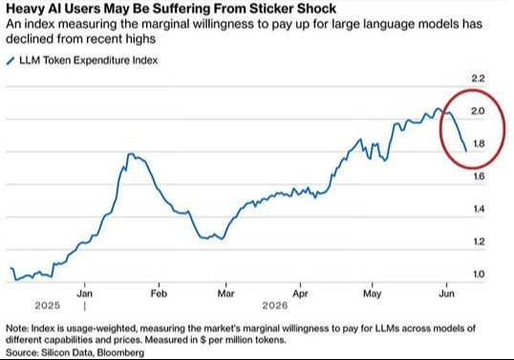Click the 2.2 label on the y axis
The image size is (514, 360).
click(x=478, y=78)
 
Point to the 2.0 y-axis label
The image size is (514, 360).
click(x=478, y=111)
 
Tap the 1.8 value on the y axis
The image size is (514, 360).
click(x=479, y=144)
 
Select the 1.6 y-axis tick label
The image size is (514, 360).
click(x=479, y=177)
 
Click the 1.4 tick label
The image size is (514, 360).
click(x=479, y=209)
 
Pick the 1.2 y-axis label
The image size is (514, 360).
click(x=479, y=242)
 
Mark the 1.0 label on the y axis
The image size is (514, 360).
click(x=479, y=274)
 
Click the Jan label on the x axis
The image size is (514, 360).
click(x=85, y=293)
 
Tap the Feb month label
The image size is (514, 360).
click(x=159, y=293)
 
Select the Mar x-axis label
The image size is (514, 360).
click(x=226, y=293)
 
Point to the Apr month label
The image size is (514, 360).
click(x=300, y=293)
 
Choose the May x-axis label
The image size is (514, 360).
click(x=373, y=293)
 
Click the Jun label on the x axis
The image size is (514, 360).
click(x=447, y=293)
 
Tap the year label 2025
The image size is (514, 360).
click(x=48, y=306)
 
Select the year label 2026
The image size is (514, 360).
click(x=275, y=306)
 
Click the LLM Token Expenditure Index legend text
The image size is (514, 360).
click(x=89, y=60)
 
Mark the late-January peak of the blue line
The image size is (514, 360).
click(x=131, y=154)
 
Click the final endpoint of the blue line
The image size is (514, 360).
click(x=466, y=151)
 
